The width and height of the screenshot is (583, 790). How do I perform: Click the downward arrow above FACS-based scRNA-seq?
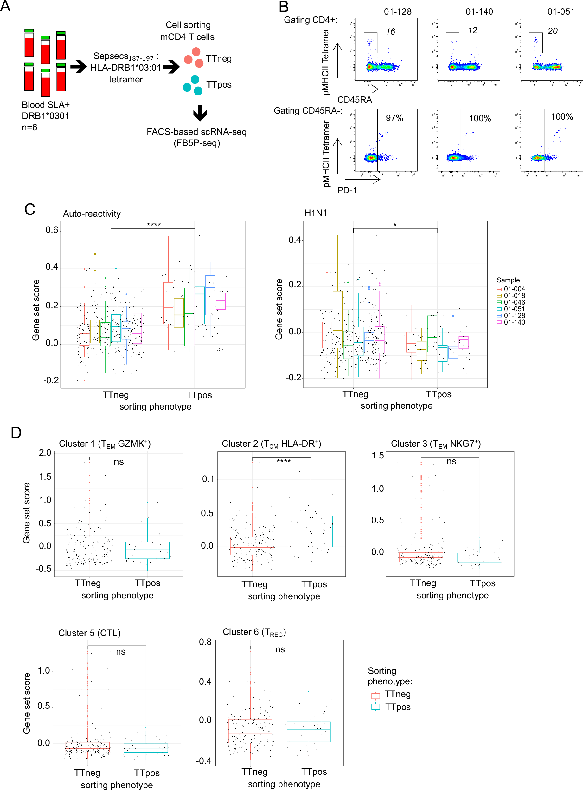[x=200, y=113]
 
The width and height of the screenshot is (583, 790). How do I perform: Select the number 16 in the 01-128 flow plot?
[x=390, y=32]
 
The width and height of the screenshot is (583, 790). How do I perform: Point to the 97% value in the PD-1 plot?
[x=394, y=118]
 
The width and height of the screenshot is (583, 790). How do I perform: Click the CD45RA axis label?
[x=354, y=100]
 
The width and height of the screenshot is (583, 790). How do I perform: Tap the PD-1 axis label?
[x=347, y=190]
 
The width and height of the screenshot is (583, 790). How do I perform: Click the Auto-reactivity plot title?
[x=92, y=214]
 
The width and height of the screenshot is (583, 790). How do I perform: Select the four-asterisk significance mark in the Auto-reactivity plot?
[x=154, y=225]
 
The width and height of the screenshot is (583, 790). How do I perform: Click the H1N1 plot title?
[x=316, y=213]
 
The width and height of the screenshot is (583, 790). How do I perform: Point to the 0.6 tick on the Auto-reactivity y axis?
[x=52, y=230]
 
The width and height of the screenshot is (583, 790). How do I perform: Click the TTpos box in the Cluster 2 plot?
[x=311, y=531]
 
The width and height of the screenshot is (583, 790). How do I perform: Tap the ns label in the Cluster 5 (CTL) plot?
[x=121, y=652]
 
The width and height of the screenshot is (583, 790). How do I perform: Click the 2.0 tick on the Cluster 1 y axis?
[x=45, y=453]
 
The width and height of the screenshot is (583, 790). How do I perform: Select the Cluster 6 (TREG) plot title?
[x=254, y=632]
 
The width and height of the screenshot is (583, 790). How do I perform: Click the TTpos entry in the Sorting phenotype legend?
[x=397, y=707]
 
